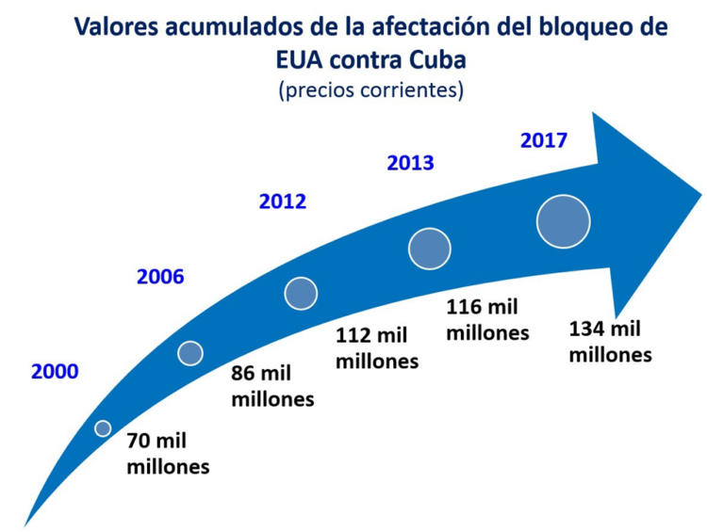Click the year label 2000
point(55,371)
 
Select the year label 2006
point(160,277)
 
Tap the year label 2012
point(283,201)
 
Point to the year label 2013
point(410,162)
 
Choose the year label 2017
point(544,140)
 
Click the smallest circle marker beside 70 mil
point(103,428)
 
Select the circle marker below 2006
point(190,353)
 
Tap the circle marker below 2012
point(301,294)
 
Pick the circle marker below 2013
point(430,249)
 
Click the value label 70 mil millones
point(168,453)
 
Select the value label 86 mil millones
point(272,385)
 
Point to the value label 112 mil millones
point(377,347)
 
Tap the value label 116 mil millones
point(487,319)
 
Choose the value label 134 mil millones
point(610,342)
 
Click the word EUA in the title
point(293,58)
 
